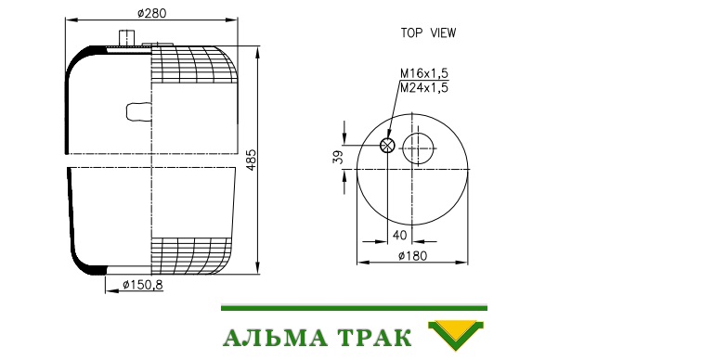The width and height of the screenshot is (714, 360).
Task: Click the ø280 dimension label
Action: point(151,13)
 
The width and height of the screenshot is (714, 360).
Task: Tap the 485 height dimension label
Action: point(252,160)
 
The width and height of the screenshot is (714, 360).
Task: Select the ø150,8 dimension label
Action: point(143,286)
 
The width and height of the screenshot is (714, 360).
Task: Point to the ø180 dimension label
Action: point(412,256)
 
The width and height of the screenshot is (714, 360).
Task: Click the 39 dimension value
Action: point(338,158)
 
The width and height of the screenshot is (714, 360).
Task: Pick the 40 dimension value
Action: point(399,236)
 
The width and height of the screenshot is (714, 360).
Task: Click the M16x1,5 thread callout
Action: point(424,73)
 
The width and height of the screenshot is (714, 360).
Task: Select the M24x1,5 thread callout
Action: point(424,87)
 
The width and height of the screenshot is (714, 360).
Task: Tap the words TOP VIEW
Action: point(428,32)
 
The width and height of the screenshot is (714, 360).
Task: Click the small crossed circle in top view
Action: point(387,146)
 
